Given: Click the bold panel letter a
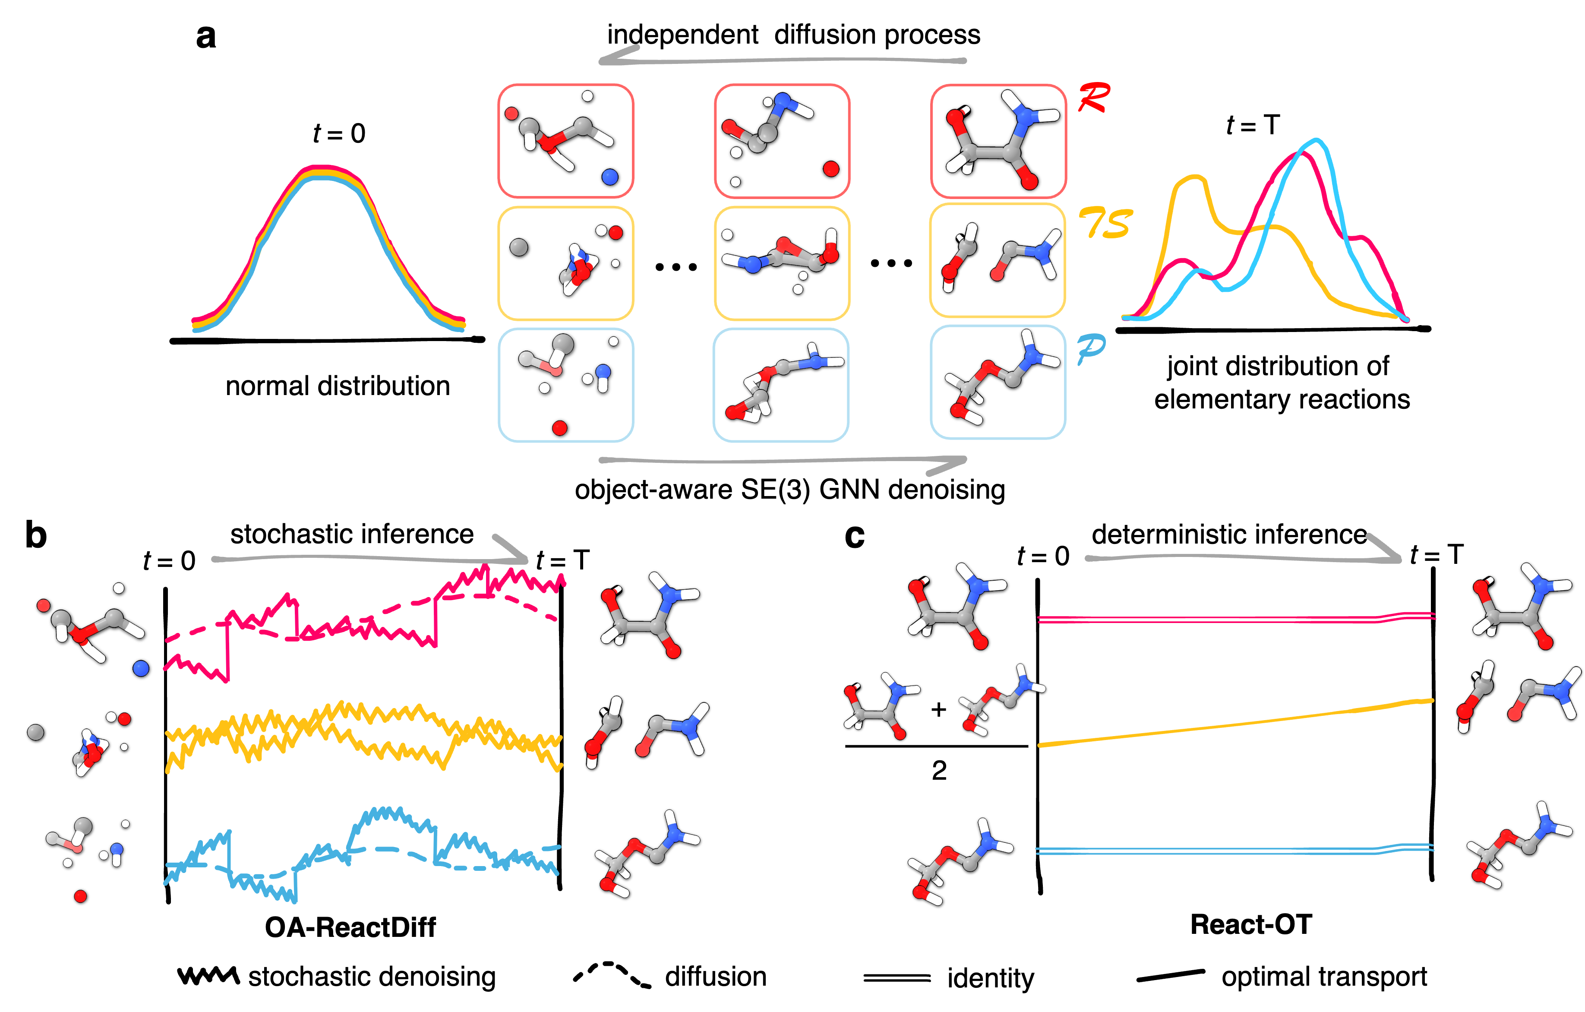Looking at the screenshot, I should [206, 37].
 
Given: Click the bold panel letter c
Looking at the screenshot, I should [854, 537].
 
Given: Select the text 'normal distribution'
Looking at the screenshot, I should [338, 386].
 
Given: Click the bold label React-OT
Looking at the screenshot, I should [1251, 924].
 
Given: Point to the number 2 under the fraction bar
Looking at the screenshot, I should [939, 770].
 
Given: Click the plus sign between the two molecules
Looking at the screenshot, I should [939, 709].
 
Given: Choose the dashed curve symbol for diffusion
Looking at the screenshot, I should [612, 974].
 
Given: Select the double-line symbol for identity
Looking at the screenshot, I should [897, 978].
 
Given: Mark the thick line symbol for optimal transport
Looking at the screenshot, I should [1170, 976].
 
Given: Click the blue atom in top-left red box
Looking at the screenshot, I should [610, 177].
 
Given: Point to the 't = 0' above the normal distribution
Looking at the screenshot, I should [339, 134].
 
